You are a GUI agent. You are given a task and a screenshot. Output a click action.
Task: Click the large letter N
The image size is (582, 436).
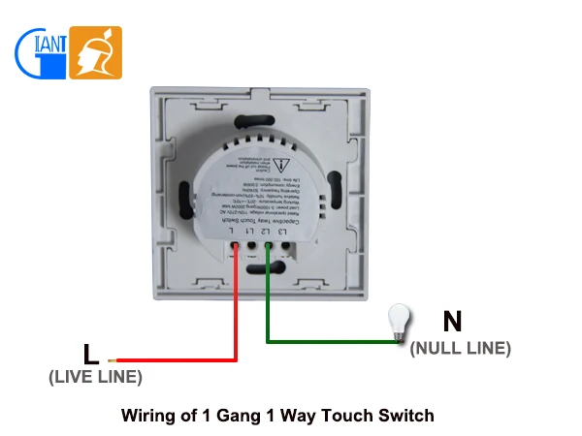(451, 322)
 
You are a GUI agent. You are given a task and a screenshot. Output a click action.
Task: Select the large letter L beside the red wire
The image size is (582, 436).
(89, 354)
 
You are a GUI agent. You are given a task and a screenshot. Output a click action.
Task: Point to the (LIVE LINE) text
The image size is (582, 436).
(95, 377)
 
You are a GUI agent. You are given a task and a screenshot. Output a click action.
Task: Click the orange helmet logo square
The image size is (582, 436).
(96, 52)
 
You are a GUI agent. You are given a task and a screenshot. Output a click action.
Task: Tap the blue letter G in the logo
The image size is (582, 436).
(32, 53)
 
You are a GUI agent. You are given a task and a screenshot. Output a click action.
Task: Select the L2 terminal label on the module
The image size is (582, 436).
(266, 230)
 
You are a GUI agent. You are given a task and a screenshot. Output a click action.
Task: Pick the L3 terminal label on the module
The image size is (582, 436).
(282, 230)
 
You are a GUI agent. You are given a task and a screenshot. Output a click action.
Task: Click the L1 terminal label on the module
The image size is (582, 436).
(249, 230)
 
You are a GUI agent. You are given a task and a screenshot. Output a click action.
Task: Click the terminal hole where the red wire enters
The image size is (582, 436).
(235, 248)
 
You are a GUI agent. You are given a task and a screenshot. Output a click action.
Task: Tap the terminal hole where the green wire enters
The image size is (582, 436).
(268, 248)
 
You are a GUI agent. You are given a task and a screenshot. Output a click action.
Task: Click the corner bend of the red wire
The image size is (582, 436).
(235, 359)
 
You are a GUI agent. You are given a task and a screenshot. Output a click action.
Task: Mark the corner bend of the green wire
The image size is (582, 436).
(269, 340)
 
